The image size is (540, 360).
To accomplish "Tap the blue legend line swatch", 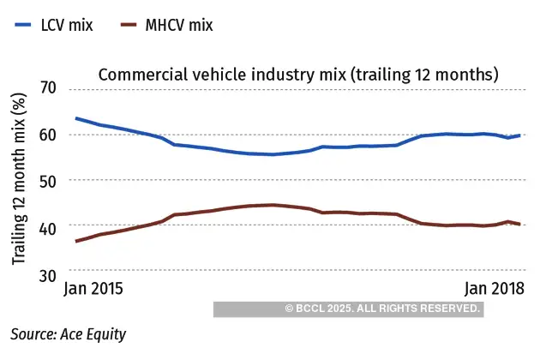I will pyautogui.click(x=24, y=25).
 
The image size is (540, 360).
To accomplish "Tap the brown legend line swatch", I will pyautogui.click(x=129, y=25).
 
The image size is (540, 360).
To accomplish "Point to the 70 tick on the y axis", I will pyautogui.click(x=48, y=89).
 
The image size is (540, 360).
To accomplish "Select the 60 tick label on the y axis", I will pyautogui.click(x=48, y=135).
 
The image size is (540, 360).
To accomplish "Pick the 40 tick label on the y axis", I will pyautogui.click(x=48, y=227).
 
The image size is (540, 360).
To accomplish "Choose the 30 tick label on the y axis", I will pyautogui.click(x=48, y=273).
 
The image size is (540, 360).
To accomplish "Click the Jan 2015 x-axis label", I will pyautogui.click(x=93, y=289).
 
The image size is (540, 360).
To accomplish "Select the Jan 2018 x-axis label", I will pyautogui.click(x=494, y=289).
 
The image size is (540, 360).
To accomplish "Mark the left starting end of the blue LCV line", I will pyautogui.click(x=76, y=118).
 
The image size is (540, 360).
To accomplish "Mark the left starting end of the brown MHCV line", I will pyautogui.click(x=76, y=241).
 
